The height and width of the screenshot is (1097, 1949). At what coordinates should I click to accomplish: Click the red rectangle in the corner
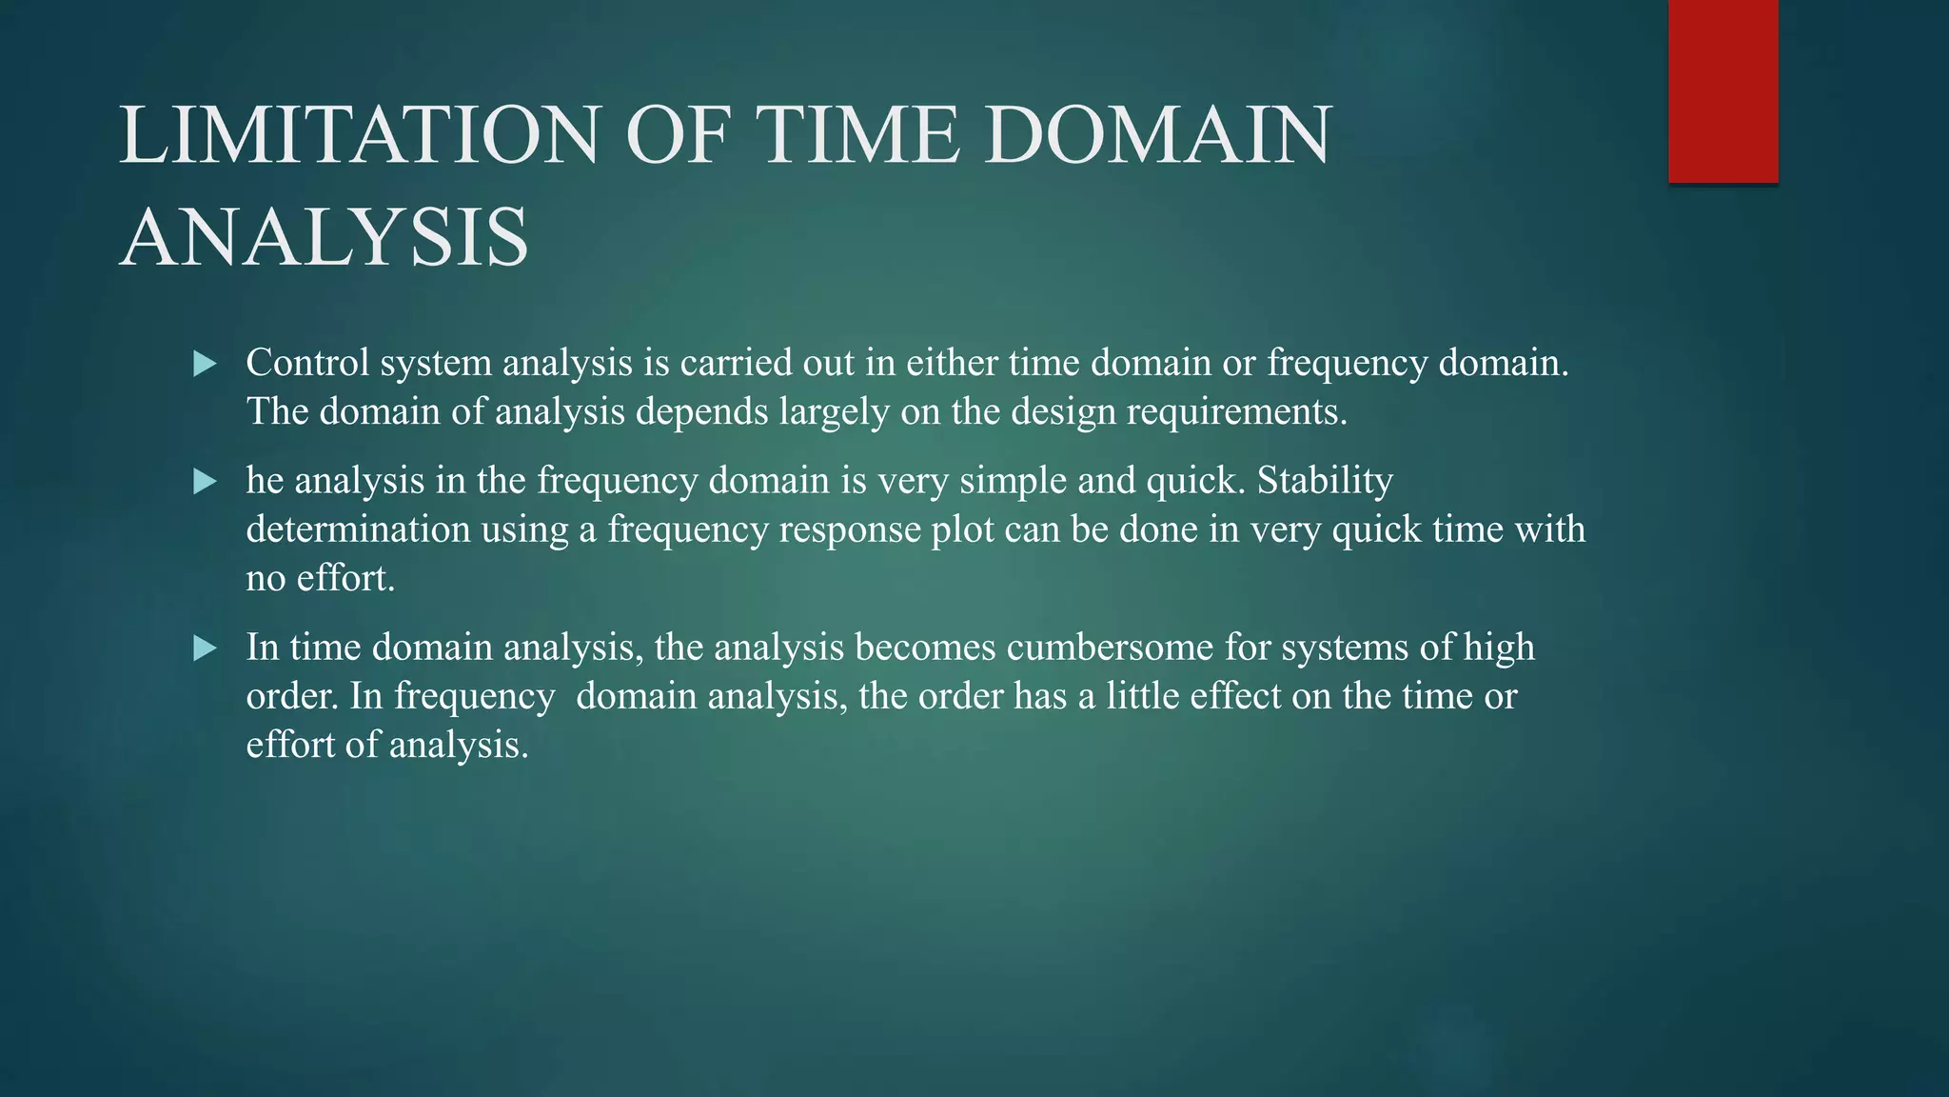(1723, 91)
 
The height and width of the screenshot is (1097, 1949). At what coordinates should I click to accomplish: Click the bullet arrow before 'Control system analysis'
(205, 364)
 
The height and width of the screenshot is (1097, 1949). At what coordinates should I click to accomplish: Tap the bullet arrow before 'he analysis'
(205, 482)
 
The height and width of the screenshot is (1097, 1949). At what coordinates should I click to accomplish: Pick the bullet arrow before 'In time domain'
(205, 649)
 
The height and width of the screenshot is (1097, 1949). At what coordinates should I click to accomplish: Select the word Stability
(1325, 481)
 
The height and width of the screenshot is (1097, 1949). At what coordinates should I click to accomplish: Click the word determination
(358, 529)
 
